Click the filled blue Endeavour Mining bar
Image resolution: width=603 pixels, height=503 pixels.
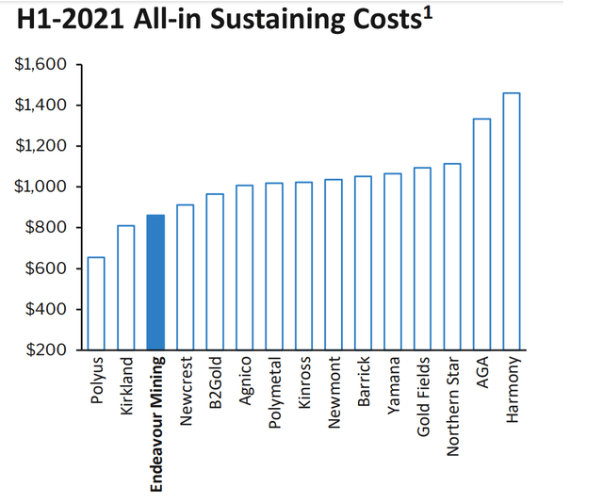[155, 283]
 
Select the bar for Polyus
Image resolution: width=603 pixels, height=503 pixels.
[96, 303]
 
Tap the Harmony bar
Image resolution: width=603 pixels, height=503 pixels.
[512, 221]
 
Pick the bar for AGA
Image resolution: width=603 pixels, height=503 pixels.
[481, 235]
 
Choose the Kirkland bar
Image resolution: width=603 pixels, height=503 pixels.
[126, 287]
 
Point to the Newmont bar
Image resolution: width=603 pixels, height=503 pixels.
[334, 264]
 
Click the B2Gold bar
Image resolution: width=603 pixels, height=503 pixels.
[215, 271]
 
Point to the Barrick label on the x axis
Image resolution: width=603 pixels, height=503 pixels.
[363, 383]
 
